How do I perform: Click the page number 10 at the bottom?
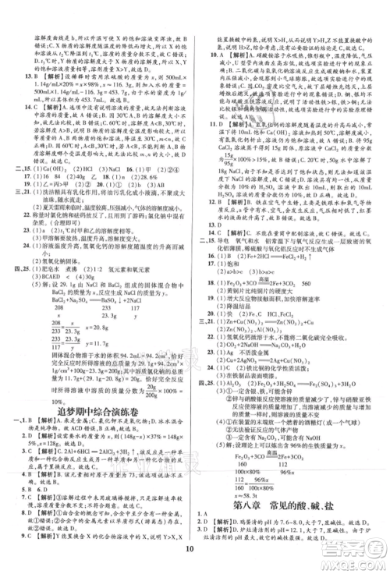point(195,558)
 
